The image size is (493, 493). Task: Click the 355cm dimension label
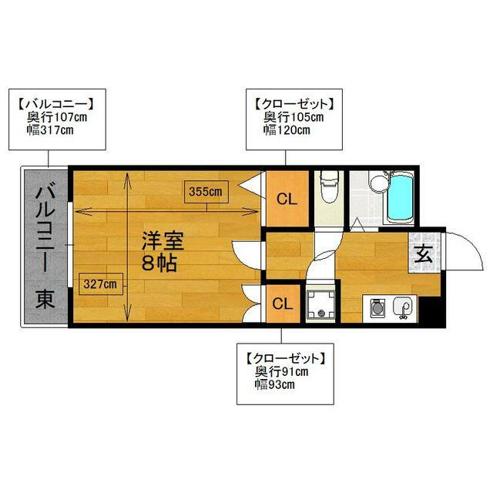206,192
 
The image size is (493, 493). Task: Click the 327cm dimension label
100,284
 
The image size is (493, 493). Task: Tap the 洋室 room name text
163,240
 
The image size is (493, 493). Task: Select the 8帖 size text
159,263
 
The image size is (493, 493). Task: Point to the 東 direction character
45,299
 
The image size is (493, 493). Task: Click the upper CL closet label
287,199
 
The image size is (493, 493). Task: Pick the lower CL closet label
283,304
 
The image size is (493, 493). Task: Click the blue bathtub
400,198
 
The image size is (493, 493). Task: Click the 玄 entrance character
424,253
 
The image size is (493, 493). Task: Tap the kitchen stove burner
377,308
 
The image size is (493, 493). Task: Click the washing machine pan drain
321,313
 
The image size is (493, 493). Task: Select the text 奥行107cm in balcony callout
57,117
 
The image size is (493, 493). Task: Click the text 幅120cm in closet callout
287,130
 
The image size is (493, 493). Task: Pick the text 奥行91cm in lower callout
281,371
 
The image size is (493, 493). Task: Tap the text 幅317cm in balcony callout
50,130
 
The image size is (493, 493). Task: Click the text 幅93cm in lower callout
274,384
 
